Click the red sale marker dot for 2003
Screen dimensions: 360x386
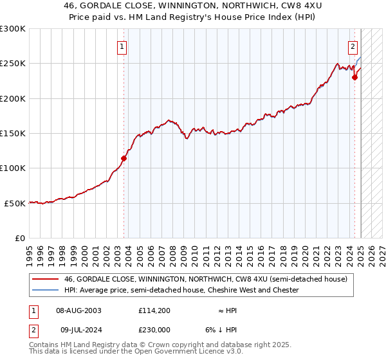click(124, 158)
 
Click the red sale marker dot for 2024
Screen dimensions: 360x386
click(354, 78)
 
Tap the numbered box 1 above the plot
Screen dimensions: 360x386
click(122, 46)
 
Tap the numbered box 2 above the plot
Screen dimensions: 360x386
click(353, 46)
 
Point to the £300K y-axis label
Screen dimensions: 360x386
click(13, 29)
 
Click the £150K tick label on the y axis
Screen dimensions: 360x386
click(13, 134)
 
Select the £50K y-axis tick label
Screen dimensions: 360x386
click(15, 203)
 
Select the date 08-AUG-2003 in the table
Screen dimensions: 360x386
click(78, 310)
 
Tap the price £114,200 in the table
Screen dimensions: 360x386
click(153, 310)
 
